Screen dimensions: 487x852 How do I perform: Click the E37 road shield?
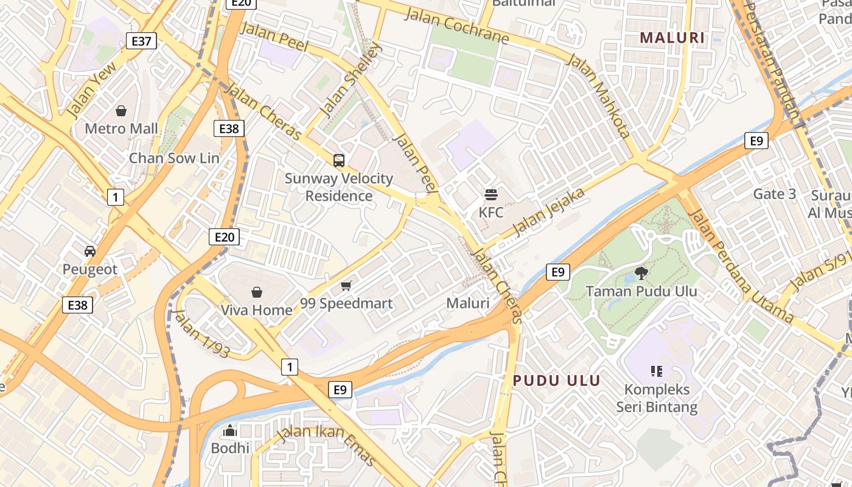141,41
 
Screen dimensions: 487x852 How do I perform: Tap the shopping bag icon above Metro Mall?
121,111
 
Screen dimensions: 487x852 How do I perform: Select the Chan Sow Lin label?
174,158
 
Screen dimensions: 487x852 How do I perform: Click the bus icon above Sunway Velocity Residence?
339,161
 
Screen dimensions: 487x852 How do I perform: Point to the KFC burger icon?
491,195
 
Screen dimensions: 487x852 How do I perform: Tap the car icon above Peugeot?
90,251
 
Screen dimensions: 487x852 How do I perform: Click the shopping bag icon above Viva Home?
257,292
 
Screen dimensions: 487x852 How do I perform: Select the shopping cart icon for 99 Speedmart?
346,286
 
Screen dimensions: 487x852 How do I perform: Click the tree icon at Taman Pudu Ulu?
641,273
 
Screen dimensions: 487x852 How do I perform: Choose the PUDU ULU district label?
557,381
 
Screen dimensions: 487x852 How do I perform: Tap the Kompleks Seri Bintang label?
657,398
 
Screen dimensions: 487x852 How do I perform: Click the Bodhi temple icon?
230,431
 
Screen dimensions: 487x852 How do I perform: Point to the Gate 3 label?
774,194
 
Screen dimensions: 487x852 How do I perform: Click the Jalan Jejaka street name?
549,212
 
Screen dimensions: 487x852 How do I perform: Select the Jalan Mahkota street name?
598,95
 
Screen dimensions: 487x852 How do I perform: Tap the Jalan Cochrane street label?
456,26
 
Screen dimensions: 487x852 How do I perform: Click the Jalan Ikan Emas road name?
326,444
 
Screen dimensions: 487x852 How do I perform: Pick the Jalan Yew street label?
91,92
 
